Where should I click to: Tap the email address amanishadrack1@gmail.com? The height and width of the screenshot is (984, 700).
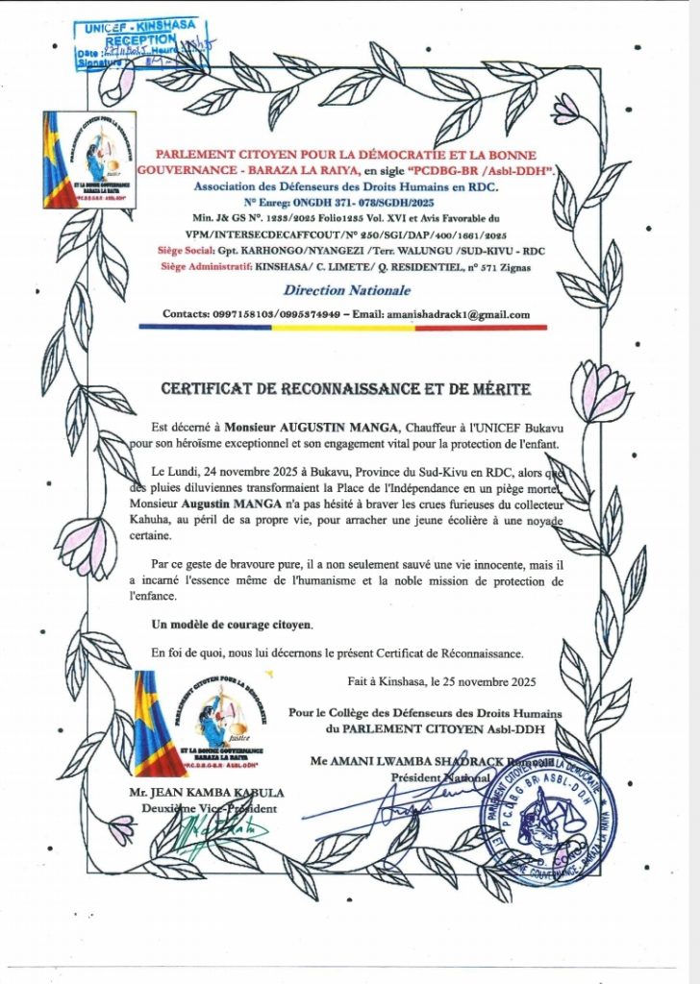pyautogui.click(x=458, y=314)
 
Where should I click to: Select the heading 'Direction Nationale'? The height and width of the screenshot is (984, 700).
pyautogui.click(x=347, y=289)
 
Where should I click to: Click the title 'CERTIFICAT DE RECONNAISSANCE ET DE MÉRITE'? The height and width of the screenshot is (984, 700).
pyautogui.click(x=345, y=389)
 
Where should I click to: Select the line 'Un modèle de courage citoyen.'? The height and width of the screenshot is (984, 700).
pyautogui.click(x=233, y=625)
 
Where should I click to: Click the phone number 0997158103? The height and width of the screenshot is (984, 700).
pyautogui.click(x=227, y=314)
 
